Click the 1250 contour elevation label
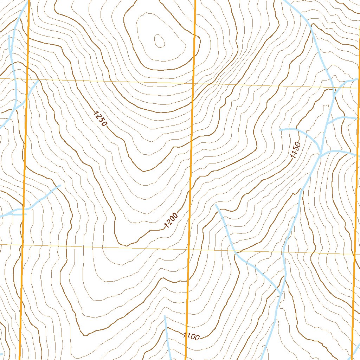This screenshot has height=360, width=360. pos(100,118)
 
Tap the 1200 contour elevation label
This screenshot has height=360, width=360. pos(171,220)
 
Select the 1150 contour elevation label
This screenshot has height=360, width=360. pos(295,150)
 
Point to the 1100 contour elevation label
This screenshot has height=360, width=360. pos(192,336)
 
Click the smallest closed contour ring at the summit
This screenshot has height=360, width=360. pos(159,41)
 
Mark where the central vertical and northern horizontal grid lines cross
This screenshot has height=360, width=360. pos(193,84)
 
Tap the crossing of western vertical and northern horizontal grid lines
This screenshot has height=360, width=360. pos(27,79)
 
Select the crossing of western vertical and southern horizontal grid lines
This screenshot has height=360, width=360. pos(22,244)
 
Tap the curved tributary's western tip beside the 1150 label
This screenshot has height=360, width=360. pos(280,130)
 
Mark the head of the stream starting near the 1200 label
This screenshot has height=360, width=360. pos(216,205)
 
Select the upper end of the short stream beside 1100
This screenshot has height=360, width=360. pos(165,316)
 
